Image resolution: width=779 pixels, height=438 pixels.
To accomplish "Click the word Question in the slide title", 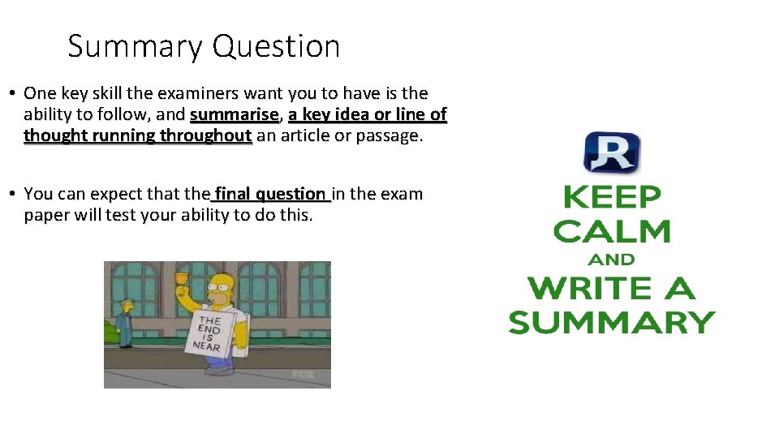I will click(277, 47).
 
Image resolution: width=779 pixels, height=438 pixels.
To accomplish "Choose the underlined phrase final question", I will click(271, 194).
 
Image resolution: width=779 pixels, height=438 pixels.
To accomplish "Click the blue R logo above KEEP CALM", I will click(611, 152).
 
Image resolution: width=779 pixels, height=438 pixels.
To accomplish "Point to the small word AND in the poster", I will click(611, 260).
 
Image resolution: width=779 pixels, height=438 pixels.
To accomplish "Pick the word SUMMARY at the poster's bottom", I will click(611, 322).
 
